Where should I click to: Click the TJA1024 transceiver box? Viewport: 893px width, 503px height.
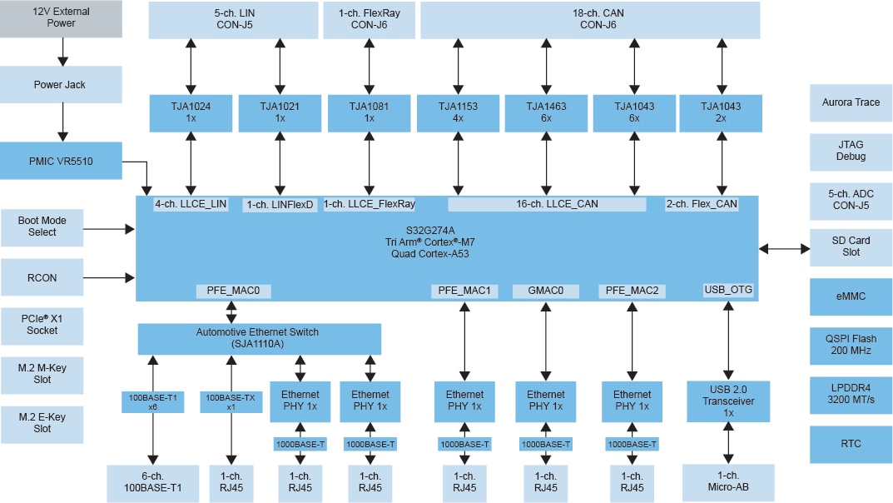point(191,112)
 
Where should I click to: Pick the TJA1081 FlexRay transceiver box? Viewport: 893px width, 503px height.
point(368,112)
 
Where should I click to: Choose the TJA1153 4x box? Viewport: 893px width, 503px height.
point(458,112)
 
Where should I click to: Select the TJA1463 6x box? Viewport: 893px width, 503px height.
point(546,112)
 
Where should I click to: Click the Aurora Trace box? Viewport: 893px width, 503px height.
point(850,102)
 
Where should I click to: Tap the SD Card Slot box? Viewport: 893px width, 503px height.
point(850,247)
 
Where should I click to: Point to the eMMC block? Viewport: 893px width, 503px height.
point(850,296)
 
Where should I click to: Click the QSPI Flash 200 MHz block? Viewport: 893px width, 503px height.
point(850,346)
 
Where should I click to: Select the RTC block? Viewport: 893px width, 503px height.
point(850,444)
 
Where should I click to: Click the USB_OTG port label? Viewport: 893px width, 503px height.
point(728,290)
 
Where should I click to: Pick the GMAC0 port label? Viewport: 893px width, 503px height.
point(545,291)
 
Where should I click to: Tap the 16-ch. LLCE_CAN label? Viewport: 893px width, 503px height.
point(546,204)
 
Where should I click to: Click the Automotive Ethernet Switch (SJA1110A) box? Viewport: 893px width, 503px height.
point(258,338)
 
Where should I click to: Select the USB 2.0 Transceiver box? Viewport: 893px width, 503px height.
point(729,401)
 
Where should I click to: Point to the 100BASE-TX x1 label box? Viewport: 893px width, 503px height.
point(231,402)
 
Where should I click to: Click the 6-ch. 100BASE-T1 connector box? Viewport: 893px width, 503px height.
point(152,483)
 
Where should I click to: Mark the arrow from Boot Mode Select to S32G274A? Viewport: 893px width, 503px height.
point(110,227)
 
